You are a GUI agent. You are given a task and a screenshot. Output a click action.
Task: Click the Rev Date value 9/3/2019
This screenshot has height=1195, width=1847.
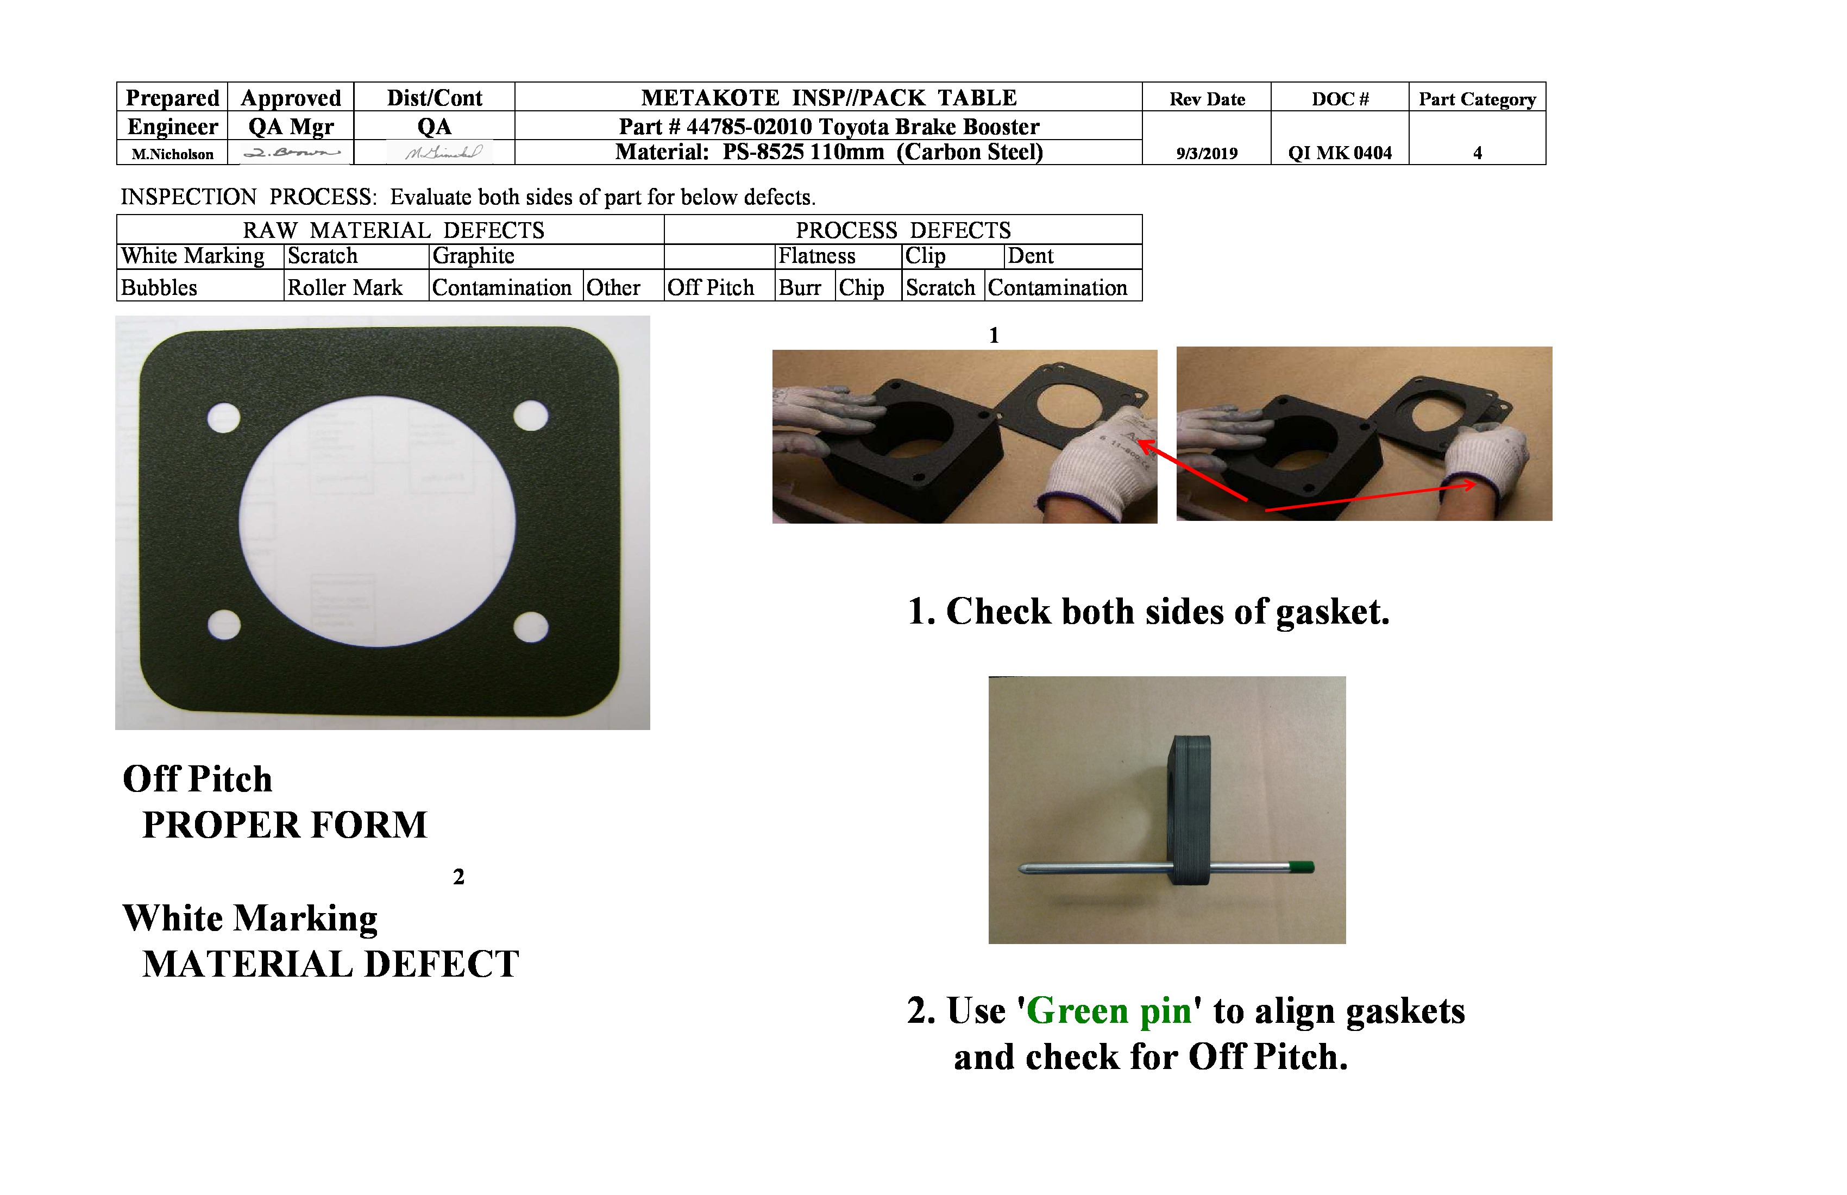1206,153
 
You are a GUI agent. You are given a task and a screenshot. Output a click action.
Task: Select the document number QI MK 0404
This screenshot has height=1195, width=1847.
1340,153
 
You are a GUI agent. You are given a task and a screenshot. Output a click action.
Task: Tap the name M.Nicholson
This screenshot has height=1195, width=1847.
172,154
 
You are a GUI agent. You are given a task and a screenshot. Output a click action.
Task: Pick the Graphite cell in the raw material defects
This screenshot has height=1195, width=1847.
473,256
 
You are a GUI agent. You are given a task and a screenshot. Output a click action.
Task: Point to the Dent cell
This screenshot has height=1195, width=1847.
1030,256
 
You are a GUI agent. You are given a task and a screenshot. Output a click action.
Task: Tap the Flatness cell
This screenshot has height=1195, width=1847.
816,256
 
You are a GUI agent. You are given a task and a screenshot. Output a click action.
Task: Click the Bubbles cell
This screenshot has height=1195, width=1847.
159,288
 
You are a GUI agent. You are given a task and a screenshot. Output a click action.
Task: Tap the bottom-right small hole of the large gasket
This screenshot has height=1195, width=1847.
531,627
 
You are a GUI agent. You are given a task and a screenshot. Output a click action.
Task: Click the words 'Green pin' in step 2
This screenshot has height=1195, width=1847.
1109,1011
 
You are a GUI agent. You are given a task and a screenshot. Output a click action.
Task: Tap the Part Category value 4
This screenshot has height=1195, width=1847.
1477,153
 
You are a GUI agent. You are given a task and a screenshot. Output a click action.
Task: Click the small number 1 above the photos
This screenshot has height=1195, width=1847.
994,335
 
